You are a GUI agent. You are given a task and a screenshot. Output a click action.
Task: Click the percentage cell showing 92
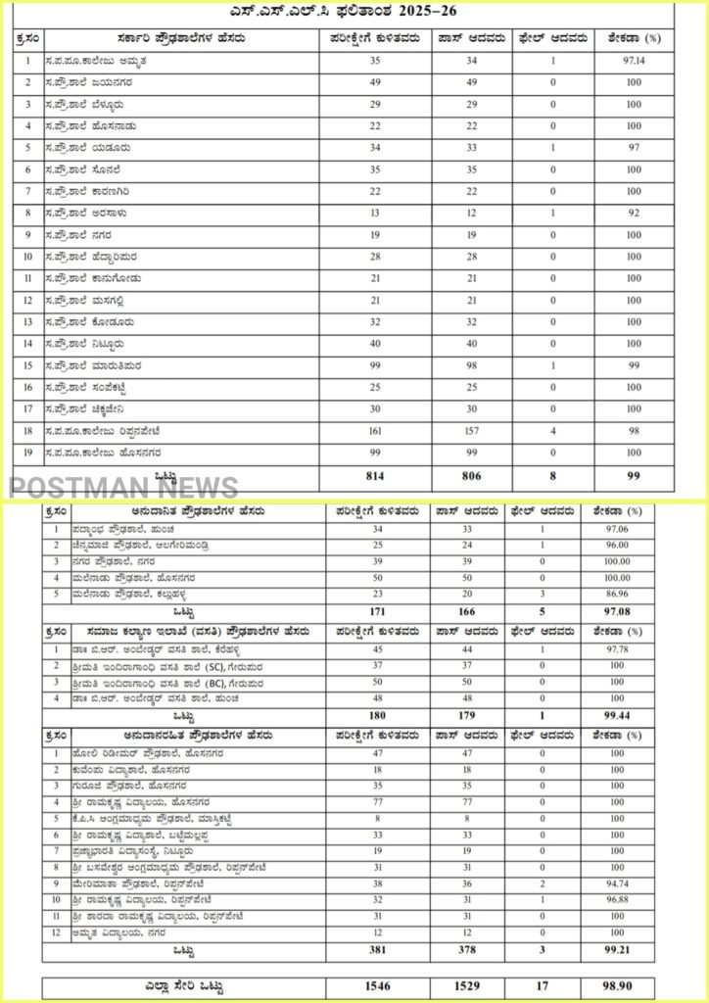pyautogui.click(x=634, y=213)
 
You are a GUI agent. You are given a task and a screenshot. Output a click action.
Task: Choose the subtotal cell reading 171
pyautogui.click(x=376, y=611)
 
